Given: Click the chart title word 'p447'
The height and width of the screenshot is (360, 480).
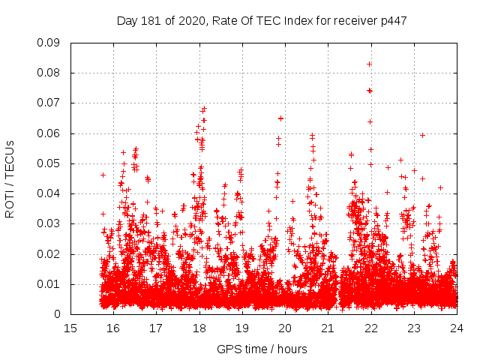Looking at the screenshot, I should click(394, 20).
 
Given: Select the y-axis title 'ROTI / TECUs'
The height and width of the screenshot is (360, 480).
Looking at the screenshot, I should click(10, 178).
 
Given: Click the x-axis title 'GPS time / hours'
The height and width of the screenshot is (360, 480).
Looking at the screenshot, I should click(262, 349).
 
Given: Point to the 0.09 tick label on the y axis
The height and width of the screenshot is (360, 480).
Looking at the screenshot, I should click(49, 43).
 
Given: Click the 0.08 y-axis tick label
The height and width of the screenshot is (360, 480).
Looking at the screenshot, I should click(49, 73).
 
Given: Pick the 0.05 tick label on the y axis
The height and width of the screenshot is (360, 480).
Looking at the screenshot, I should click(49, 163).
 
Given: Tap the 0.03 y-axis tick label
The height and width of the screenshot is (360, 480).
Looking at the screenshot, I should click(49, 223).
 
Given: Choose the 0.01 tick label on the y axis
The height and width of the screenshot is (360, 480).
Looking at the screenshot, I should click(49, 284).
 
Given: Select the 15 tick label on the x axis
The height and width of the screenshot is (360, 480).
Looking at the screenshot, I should click(70, 328).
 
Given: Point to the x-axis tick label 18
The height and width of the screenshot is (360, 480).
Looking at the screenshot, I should click(199, 328).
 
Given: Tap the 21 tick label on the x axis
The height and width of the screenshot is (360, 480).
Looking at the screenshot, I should click(328, 328).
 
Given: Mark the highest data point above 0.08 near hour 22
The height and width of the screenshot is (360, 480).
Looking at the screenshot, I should click(369, 64).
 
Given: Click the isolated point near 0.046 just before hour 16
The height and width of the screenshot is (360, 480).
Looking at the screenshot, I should click(103, 175).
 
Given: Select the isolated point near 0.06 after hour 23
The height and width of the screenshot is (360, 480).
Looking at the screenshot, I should click(422, 135).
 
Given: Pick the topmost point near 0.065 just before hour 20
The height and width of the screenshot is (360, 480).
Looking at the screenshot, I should click(280, 118).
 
